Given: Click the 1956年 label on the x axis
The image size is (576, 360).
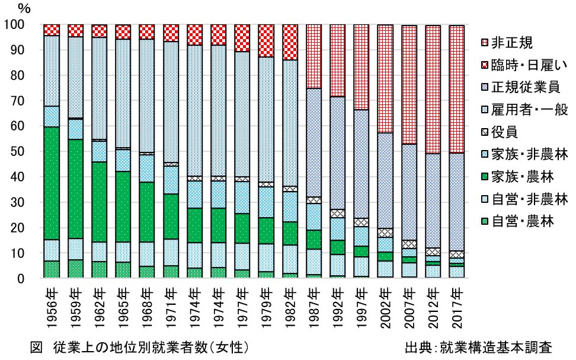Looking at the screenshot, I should (x=52, y=308).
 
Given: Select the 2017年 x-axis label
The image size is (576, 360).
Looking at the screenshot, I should (x=456, y=308).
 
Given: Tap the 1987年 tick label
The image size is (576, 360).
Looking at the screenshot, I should (x=313, y=308).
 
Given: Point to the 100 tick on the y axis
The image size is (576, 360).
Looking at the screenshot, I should (x=14, y=25).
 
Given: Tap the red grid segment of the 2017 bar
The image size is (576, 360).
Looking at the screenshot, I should (x=456, y=89).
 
